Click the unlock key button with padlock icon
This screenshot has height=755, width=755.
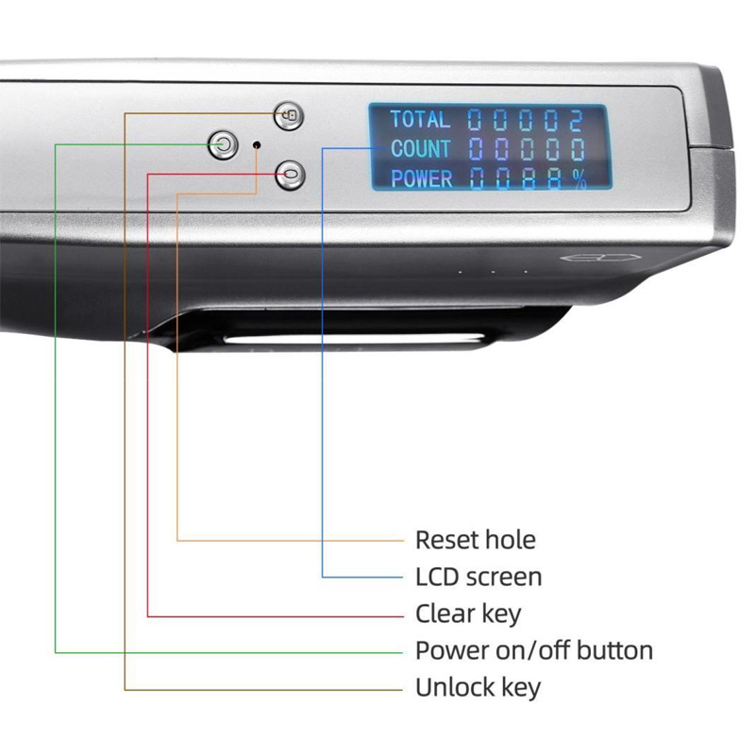pos(289,116)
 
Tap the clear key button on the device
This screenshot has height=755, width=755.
pos(290,175)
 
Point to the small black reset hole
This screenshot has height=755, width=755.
pos(257,144)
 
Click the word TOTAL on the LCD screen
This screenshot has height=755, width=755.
pos(420,120)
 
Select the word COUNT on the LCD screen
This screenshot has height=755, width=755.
pos(421,149)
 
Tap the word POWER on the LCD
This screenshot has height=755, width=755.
pos(422,178)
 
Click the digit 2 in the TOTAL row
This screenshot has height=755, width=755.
pos(576,120)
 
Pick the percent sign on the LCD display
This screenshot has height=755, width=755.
pos(579,178)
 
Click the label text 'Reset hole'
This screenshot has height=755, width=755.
pos(476,540)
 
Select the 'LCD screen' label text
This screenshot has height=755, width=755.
pos(478,577)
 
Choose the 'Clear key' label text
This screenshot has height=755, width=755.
pos(468,614)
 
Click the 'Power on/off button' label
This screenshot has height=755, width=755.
pos(534,650)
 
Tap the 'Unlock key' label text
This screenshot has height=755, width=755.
pos(478,688)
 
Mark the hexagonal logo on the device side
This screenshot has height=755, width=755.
pos(600,258)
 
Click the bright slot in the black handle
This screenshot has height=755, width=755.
pos(354,339)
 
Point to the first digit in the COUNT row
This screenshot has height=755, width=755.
pos(476,149)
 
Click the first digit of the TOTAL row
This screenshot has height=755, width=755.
pos(475,120)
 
